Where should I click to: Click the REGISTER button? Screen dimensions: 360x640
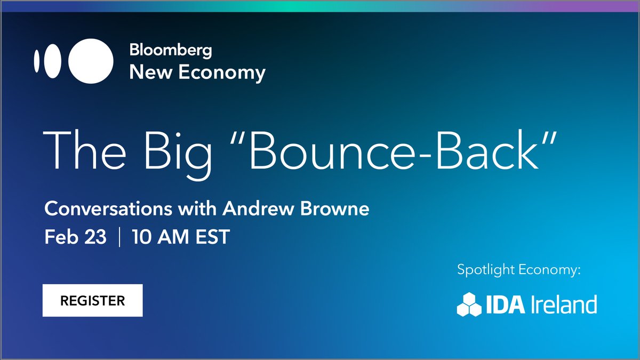(x=92, y=300)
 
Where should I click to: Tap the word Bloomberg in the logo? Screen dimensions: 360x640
(x=170, y=51)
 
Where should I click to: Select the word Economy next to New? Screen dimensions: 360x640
(x=221, y=72)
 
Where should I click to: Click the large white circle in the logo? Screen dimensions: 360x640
(x=91, y=61)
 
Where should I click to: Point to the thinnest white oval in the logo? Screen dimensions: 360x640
(x=37, y=61)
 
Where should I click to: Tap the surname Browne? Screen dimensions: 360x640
(x=334, y=209)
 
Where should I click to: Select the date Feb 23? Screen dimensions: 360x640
(x=75, y=237)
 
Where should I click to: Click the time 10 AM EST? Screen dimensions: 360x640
(x=181, y=237)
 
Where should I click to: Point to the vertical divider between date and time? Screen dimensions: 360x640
(x=119, y=237)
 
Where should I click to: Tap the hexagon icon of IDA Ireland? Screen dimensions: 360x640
(x=470, y=304)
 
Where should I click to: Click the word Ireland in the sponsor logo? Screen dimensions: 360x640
(x=564, y=305)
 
